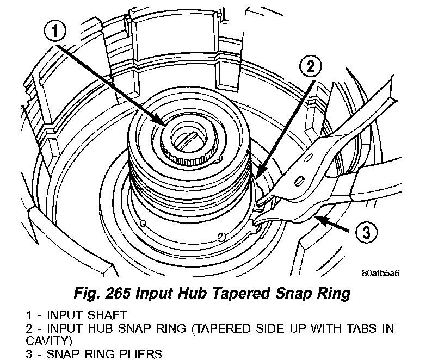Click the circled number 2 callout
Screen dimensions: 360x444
point(309,67)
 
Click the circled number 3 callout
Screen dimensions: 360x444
point(365,233)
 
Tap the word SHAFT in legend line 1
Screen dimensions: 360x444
point(102,315)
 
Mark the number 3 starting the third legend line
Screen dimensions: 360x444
point(28,354)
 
